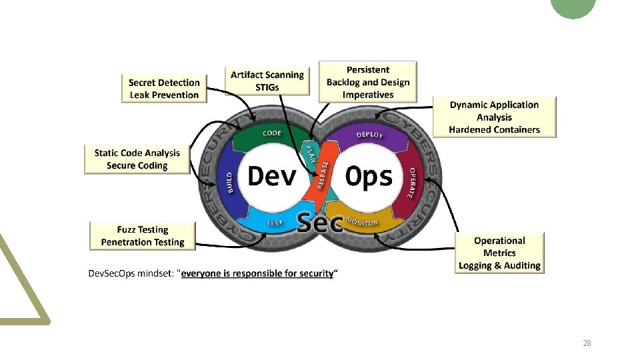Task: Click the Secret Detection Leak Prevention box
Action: pos(164,89)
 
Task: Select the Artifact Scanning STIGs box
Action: pos(267,81)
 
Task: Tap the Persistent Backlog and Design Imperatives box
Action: pos(368,82)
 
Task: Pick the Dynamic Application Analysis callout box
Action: pos(494,117)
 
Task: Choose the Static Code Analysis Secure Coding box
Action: pos(137,159)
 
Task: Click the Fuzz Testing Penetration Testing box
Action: pos(143,236)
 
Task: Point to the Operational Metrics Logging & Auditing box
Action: pos(499,253)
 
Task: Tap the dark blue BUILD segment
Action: pos(227,179)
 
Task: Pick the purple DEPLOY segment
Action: pos(370,136)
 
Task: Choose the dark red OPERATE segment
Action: pos(414,182)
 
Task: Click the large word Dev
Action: pos(272,176)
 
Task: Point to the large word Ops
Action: pos(369,177)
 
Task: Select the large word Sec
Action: pos(319,223)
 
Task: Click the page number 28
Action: pos(587,343)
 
